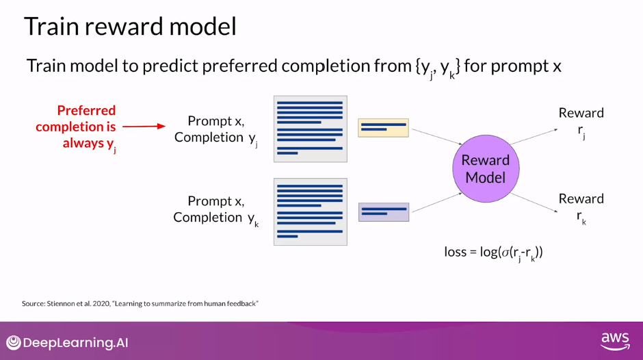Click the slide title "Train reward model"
pos(130,27)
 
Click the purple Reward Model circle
pos(486,169)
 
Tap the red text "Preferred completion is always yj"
pos(77,127)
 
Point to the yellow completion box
pos(383,128)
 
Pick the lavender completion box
pos(383,211)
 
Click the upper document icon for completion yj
pos(310,129)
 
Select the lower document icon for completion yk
pos(310,211)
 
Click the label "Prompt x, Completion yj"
pos(216,129)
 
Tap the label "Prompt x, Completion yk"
pos(215,209)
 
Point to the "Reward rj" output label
pos(581,120)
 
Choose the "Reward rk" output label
pos(581,207)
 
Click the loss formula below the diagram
pos(493,253)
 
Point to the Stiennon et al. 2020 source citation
pos(140,303)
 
